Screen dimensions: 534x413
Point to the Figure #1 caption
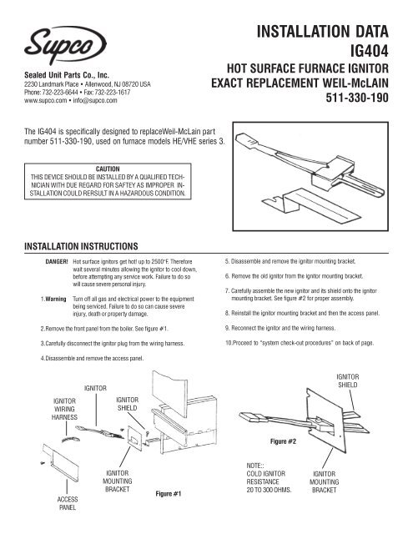pyautogui.click(x=173, y=492)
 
